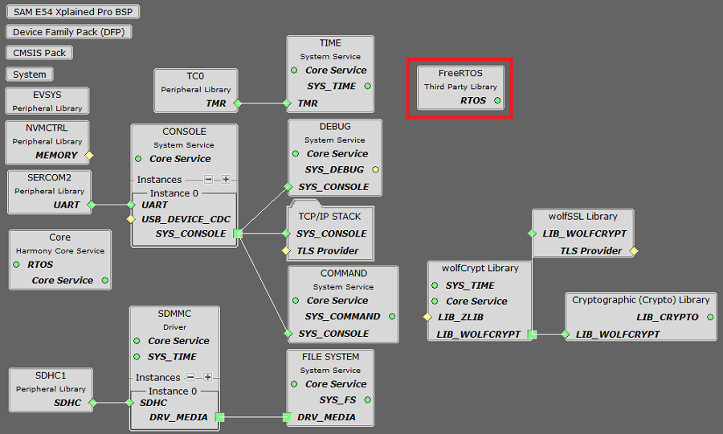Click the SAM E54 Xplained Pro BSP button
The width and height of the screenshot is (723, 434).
(x=71, y=12)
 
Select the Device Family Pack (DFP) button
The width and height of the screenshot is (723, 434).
(x=69, y=32)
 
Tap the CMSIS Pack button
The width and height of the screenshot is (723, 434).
(x=39, y=53)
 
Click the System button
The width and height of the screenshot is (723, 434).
(x=30, y=75)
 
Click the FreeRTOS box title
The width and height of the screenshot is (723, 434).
(x=460, y=73)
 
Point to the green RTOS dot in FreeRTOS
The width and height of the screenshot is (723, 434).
(x=497, y=101)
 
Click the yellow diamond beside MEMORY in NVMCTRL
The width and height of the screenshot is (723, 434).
(x=89, y=155)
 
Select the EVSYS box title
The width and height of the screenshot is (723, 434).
(x=47, y=95)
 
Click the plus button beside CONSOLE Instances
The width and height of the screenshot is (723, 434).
(x=226, y=180)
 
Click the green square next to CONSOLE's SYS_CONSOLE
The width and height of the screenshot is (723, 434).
(x=237, y=234)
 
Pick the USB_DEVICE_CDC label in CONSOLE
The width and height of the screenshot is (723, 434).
(x=185, y=219)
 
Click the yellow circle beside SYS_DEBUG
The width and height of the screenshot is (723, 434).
(x=375, y=170)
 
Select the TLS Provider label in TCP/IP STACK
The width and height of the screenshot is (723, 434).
(x=327, y=251)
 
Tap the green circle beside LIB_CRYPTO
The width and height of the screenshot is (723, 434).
(x=710, y=317)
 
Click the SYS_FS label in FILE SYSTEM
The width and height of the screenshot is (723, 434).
(x=337, y=400)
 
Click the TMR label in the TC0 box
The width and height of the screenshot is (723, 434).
(x=216, y=103)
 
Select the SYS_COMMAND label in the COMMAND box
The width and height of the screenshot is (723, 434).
(x=343, y=317)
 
